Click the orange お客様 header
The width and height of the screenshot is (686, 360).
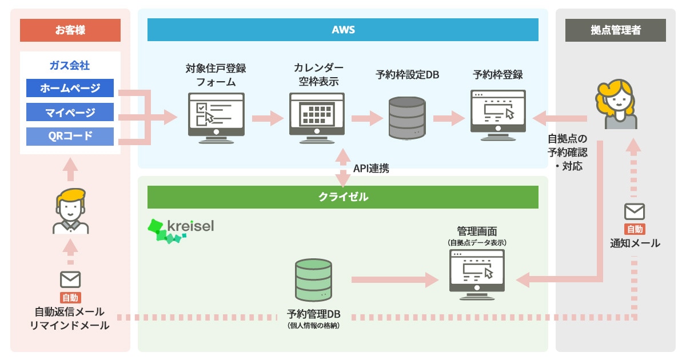[70, 30]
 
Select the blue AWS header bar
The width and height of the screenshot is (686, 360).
[343, 30]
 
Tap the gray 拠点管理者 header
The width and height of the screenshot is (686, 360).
[615, 30]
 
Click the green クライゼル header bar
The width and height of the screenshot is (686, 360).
[343, 197]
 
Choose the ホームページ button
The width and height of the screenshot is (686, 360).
[70, 88]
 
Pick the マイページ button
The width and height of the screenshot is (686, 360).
[70, 112]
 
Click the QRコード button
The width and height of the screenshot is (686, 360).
[70, 136]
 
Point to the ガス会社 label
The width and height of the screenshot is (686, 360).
[70, 65]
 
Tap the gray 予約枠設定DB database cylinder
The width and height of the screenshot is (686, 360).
[406, 118]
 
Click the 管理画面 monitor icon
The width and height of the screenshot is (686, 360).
[477, 274]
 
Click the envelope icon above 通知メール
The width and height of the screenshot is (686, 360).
[635, 212]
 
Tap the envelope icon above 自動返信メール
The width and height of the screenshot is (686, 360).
[70, 279]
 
